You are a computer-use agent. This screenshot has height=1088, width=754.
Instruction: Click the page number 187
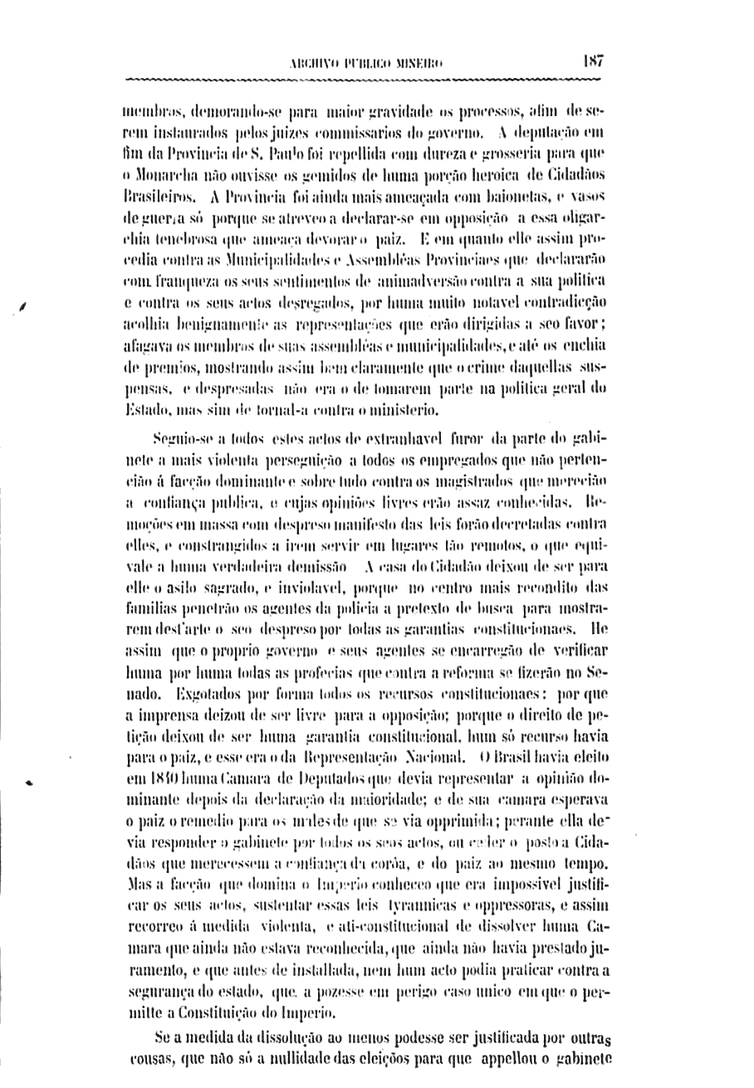[593, 61]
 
